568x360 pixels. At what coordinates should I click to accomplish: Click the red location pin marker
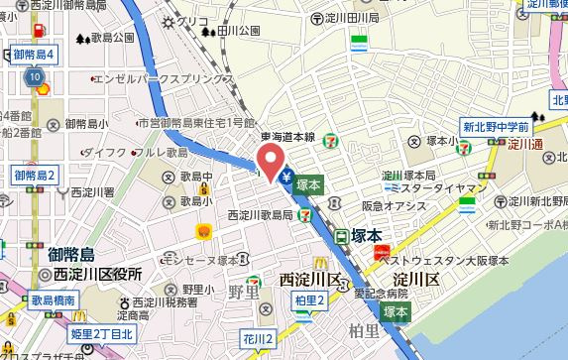269,159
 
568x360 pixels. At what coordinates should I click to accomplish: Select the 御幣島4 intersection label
32,53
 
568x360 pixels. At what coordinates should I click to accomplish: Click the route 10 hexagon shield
36,76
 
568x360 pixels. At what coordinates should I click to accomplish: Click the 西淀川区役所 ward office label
93,274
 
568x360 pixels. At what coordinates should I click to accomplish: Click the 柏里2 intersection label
310,300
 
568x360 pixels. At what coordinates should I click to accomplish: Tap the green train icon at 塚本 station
341,237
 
